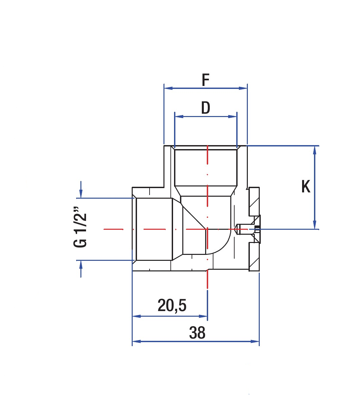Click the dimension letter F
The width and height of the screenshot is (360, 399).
pos(205,80)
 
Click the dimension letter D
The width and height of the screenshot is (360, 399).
pos(205,108)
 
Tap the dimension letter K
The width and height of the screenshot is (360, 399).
pos(306,186)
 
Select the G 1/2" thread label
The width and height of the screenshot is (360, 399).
pos(80,227)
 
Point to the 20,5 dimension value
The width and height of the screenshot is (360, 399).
pos(172,305)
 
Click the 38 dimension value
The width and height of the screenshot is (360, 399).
pos(197,333)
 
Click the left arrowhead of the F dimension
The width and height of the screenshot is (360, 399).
pos(168,88)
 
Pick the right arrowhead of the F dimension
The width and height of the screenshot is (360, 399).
pos(243,88)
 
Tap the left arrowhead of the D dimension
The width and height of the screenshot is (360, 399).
pos(179,117)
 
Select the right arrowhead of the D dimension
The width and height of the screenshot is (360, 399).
pos(233,117)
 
